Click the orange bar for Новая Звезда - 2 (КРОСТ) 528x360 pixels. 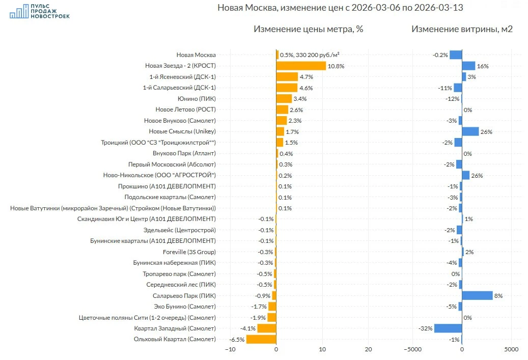[301, 66]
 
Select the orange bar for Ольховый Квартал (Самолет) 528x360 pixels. [261, 339]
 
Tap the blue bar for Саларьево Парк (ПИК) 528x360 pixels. [477, 295]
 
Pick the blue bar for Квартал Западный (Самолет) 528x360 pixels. [448, 328]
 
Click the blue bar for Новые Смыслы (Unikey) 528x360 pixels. [470, 131]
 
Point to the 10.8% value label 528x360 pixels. [337, 66]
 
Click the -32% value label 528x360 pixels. [425, 328]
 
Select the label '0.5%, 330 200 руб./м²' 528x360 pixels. [310, 55]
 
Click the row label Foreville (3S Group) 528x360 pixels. [189, 252]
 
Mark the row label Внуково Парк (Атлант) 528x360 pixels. [184, 153]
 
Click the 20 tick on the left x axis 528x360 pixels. [369, 349]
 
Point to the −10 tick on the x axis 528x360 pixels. [230, 349]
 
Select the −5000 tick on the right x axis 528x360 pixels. [412, 349]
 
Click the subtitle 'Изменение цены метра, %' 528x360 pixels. [308, 29]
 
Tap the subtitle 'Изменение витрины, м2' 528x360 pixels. [462, 29]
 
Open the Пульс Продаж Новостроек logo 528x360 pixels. [40, 11]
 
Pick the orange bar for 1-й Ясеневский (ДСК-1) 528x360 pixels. [287, 77]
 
